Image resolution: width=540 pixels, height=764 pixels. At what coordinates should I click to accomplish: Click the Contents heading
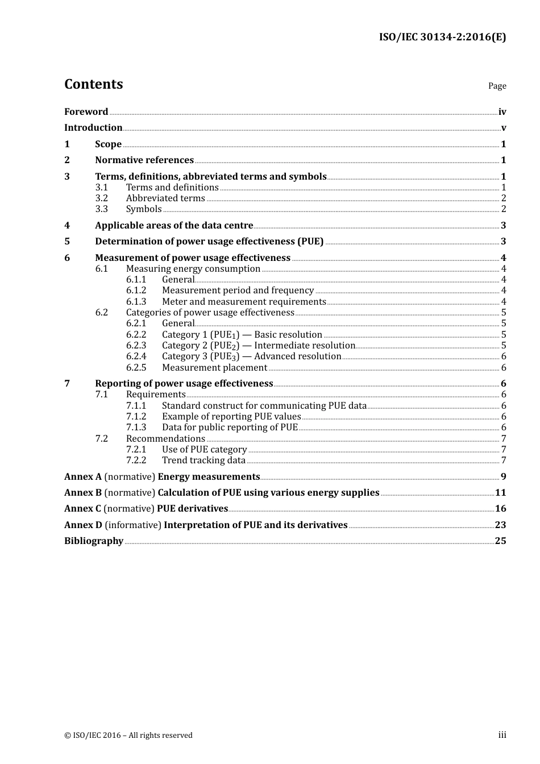93,84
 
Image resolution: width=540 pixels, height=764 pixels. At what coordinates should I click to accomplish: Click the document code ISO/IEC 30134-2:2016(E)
442,37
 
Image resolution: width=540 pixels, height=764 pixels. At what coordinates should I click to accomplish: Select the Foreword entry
86,111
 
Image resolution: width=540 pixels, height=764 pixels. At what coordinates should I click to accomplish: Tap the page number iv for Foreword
502,111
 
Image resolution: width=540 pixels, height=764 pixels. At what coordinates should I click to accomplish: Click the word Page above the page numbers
497,86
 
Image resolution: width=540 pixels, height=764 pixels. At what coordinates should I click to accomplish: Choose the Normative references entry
144,160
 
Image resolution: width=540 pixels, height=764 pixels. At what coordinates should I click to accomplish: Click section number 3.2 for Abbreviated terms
101,198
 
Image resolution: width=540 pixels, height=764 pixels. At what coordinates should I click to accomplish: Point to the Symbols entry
144,209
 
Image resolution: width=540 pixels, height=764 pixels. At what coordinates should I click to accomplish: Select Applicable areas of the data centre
174,226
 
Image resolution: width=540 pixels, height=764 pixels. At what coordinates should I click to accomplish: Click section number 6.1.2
136,290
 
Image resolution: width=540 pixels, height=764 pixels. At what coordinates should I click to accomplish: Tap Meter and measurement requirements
244,302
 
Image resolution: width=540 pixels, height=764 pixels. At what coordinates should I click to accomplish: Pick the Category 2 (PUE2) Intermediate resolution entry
259,346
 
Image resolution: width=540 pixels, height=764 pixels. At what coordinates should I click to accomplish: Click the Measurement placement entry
214,368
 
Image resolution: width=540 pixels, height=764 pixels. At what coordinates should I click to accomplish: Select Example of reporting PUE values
231,417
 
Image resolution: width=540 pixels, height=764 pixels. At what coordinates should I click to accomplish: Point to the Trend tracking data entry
203,460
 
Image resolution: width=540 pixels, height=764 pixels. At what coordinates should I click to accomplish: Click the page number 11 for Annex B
500,493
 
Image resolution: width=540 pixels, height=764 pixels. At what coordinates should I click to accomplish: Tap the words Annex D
83,525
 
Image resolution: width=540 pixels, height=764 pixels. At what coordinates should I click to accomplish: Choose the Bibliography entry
94,541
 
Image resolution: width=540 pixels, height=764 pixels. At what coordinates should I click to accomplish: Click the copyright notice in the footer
128,736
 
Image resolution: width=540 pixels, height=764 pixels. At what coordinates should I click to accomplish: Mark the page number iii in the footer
502,735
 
